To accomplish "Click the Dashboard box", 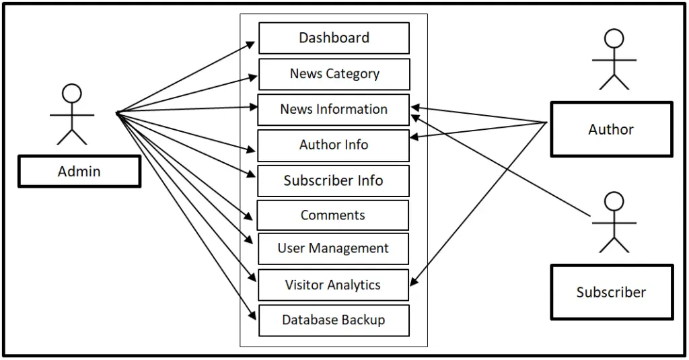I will click(x=334, y=38).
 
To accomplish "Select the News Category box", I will click(x=334, y=74).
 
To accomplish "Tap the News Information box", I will click(x=333, y=110).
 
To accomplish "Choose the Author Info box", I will click(x=333, y=145).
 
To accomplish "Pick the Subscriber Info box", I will click(x=333, y=181).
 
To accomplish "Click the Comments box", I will click(x=332, y=215).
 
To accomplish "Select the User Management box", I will click(x=333, y=248).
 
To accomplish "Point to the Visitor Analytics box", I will click(x=333, y=285).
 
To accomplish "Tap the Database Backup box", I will click(x=334, y=320).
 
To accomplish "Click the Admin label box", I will click(x=79, y=172).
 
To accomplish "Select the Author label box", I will click(x=611, y=129).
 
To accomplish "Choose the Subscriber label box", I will click(x=612, y=292).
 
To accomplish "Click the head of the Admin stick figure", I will click(x=71, y=93).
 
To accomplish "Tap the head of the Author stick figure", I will click(x=614, y=38).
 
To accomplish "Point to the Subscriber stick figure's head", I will click(x=614, y=201).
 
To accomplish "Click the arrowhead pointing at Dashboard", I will click(x=252, y=44).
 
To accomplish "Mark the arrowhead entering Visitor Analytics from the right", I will click(x=414, y=283).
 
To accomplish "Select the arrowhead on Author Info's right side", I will click(x=415, y=137).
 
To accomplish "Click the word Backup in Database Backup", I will click(x=363, y=320).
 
